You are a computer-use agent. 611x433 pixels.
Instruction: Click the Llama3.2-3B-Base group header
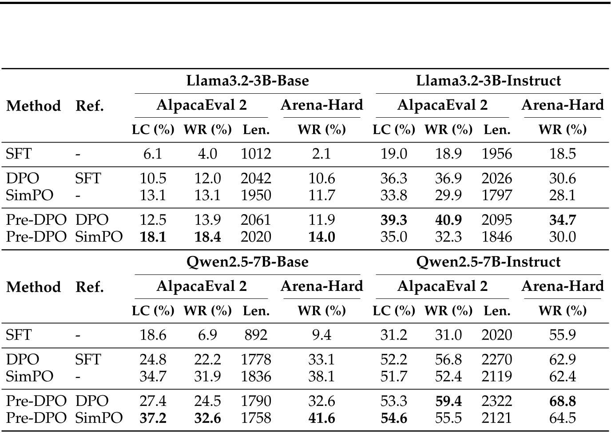[247, 81]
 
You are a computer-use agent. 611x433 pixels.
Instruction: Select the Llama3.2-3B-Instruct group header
[488, 81]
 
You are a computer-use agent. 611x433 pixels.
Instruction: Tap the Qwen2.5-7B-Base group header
[247, 262]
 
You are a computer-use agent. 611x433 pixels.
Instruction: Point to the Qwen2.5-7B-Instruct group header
[488, 262]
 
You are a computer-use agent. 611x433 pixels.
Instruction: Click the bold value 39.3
[394, 220]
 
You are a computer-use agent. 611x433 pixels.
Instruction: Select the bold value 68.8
[562, 401]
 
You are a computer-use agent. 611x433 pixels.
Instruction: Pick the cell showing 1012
[256, 154]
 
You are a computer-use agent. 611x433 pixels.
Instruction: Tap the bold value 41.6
[321, 418]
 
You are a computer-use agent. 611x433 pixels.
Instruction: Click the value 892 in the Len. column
[256, 335]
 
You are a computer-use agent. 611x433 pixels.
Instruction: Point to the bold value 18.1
[153, 237]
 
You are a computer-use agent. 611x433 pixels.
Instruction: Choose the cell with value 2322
[496, 401]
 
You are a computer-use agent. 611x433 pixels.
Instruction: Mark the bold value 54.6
[394, 418]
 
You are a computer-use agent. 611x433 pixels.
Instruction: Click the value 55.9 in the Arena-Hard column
[562, 335]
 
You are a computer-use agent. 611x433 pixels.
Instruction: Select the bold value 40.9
[448, 220]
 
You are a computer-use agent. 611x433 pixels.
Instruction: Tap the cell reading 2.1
[321, 154]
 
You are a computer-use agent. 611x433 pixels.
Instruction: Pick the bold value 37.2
[153, 418]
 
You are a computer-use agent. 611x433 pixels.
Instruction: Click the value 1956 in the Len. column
[496, 154]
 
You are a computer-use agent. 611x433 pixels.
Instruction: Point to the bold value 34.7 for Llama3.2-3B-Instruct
[562, 220]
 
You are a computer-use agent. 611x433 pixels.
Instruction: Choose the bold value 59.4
[448, 401]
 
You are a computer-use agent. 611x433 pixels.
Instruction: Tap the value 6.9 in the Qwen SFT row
[207, 335]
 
